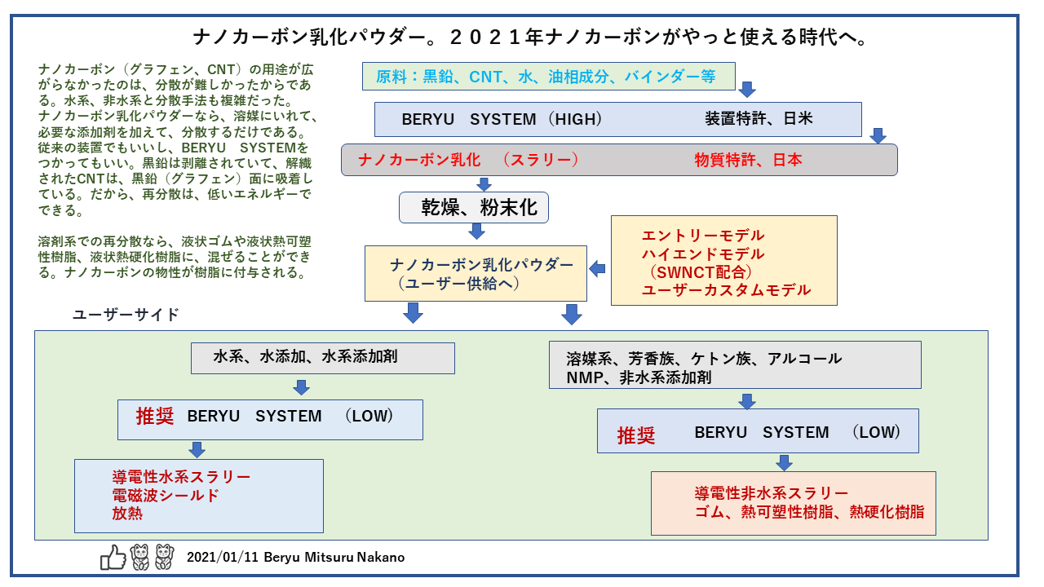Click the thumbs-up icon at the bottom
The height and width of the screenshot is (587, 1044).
tap(113, 557)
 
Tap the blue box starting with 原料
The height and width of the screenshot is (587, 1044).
tap(548, 77)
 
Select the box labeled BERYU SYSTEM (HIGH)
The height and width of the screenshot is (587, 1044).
tap(617, 119)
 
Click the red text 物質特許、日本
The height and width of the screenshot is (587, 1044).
tap(748, 160)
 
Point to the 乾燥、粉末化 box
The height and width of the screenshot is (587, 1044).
tap(473, 208)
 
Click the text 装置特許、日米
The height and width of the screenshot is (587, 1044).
tap(759, 119)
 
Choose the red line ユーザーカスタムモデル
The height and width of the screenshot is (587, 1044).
tap(726, 290)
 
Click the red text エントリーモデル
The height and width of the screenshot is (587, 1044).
tap(703, 236)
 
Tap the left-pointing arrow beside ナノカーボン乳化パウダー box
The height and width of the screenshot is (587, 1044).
tap(598, 267)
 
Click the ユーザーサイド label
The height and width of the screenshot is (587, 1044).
tap(126, 315)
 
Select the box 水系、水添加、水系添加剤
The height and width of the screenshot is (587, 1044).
tap(322, 357)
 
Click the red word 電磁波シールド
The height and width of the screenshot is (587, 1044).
tap(166, 495)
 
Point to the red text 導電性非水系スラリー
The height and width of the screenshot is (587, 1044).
tap(772, 493)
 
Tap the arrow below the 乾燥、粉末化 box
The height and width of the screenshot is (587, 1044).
tap(477, 232)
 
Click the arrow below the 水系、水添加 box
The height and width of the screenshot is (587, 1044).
tap(301, 387)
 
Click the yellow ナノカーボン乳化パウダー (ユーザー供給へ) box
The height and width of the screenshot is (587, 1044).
tap(476, 274)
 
